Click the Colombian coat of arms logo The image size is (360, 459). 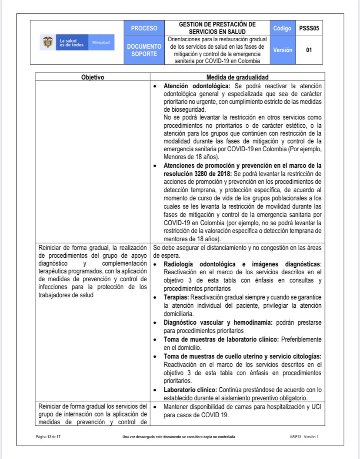tap(47, 42)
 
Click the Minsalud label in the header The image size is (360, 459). tap(101, 43)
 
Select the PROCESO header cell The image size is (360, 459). tap(144, 28)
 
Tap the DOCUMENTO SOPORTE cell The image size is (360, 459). tap(144, 50)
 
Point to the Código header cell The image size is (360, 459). tap(282, 28)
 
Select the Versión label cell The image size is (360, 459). tap(282, 50)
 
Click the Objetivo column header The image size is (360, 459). tap(93, 77)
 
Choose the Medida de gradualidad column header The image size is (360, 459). tap(237, 77)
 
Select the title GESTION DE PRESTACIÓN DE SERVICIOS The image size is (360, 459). tap(217, 28)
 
